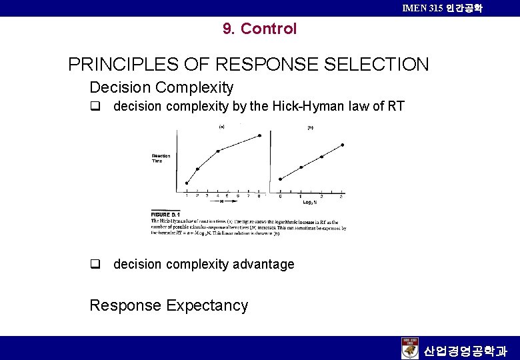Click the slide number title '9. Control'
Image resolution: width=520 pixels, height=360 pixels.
(x=260, y=29)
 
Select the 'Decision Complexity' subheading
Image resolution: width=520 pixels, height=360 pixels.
(x=161, y=87)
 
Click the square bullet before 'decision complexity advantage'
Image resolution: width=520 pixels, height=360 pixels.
(x=95, y=264)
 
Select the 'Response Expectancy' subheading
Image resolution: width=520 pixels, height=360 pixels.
(x=169, y=305)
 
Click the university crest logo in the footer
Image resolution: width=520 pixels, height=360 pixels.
(x=410, y=348)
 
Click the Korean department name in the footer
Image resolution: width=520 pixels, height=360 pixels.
(x=465, y=350)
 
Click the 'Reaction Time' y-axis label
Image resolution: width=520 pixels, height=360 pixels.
(x=161, y=158)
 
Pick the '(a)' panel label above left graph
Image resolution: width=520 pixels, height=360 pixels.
(x=221, y=126)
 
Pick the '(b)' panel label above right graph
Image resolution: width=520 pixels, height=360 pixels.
(x=310, y=128)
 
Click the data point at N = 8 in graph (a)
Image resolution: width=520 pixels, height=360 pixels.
(x=260, y=136)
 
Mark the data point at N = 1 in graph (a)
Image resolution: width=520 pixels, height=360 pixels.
(x=187, y=183)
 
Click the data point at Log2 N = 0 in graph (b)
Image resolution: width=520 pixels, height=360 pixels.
(x=280, y=179)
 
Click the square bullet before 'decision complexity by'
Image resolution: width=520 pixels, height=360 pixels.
(x=95, y=106)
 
